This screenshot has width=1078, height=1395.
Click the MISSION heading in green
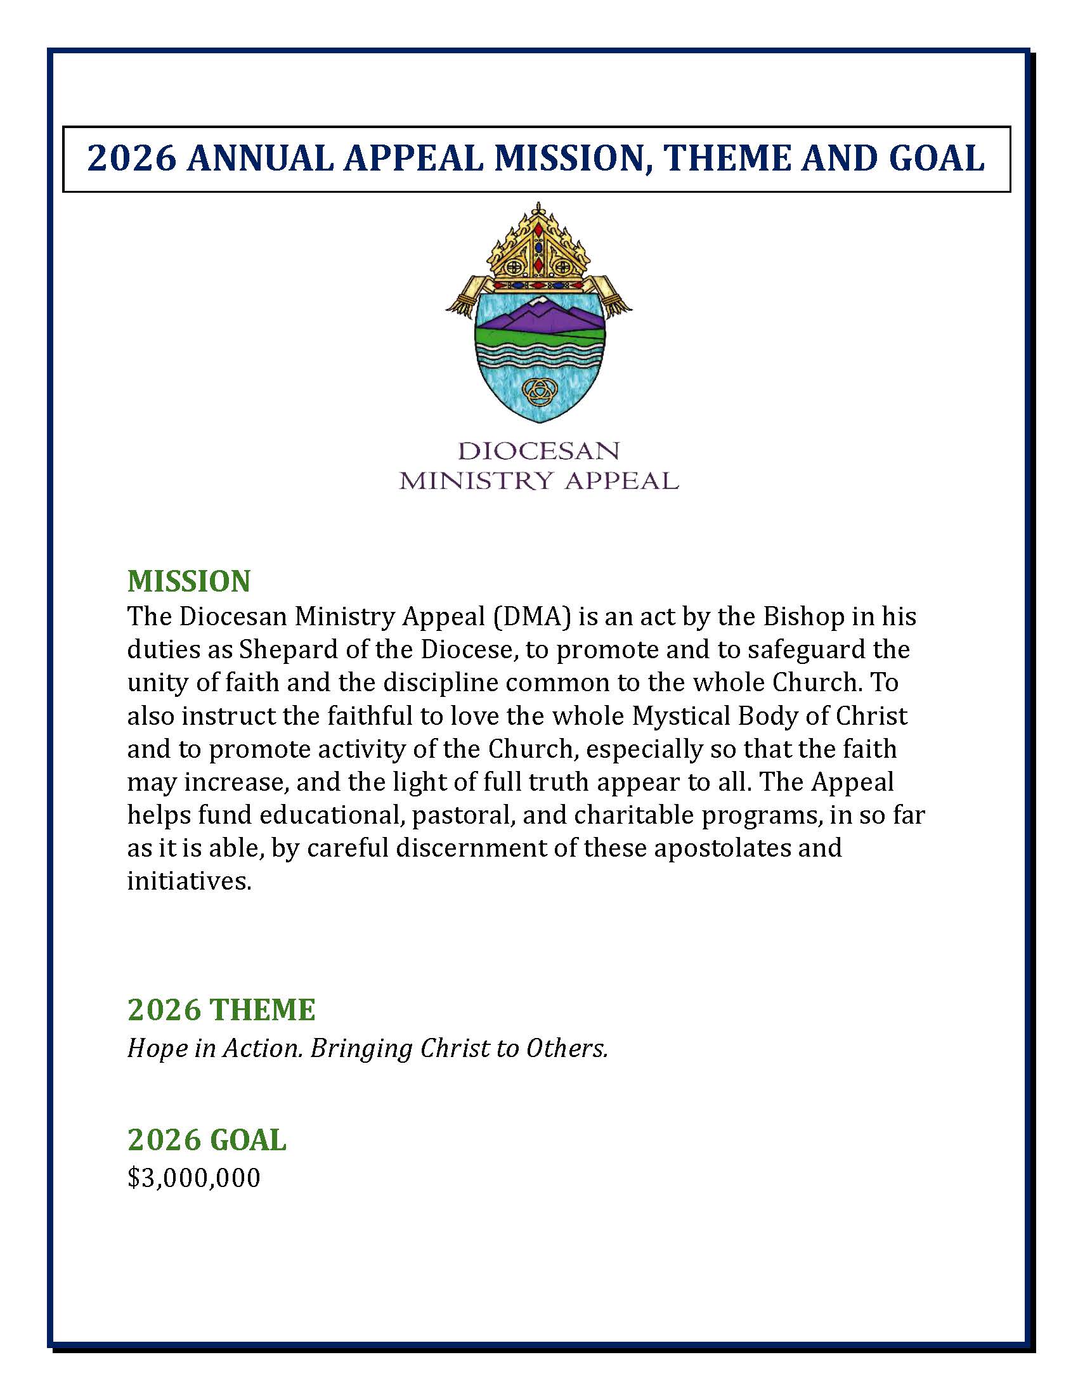click(188, 581)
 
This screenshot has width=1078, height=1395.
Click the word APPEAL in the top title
click(413, 159)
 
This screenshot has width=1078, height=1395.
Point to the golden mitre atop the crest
click(538, 246)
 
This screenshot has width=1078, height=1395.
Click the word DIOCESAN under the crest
click(539, 451)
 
